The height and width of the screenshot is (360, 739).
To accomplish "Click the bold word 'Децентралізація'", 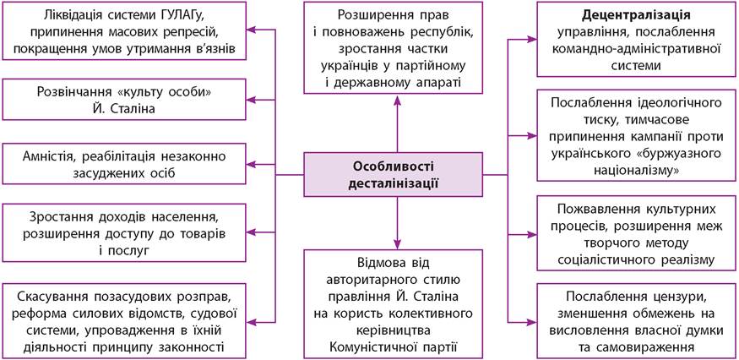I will coord(637,15).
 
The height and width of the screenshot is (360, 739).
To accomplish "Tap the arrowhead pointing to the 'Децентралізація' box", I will coord(532,39).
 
